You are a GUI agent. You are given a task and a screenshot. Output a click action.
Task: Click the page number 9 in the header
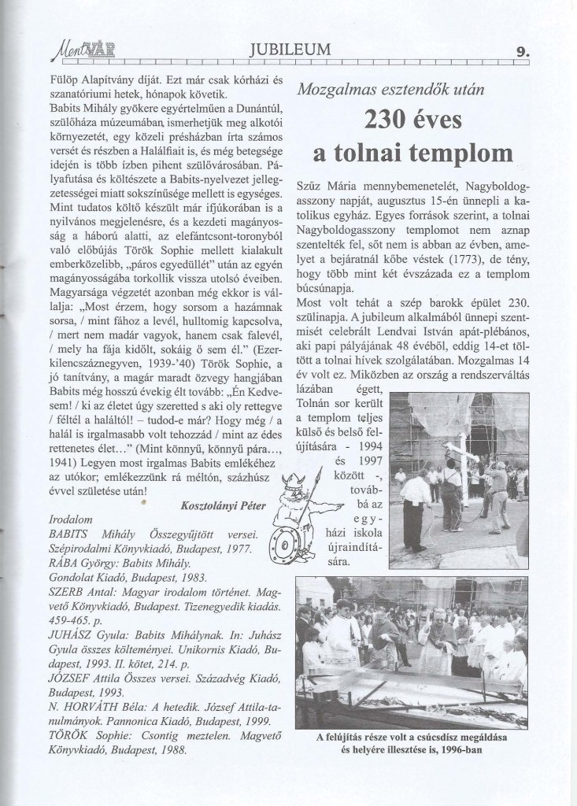(x=520, y=52)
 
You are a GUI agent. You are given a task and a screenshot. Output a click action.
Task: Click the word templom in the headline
(x=457, y=151)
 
